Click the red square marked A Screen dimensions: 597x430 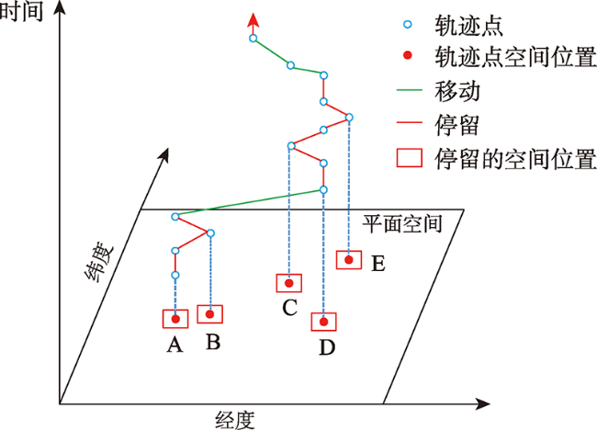point(163,319)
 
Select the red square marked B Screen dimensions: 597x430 point(197,314)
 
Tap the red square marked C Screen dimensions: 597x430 point(276,283)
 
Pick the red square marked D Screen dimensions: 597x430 point(312,322)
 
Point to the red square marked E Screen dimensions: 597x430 point(336,260)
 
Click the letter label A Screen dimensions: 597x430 point(175,345)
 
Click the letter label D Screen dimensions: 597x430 point(327,347)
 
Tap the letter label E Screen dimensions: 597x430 point(378,264)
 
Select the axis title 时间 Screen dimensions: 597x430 point(21,11)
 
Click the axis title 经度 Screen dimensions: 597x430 point(235,421)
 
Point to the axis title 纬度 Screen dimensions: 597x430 point(98,261)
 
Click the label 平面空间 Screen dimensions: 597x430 point(402,224)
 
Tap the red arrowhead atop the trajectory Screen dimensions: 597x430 point(253,20)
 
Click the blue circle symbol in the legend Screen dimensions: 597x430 point(408,25)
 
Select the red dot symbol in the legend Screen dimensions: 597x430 point(408,56)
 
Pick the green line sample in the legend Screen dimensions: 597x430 point(410,90)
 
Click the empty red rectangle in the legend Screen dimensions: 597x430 point(397,158)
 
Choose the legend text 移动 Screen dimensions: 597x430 point(457,91)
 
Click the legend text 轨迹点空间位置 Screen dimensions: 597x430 point(515,57)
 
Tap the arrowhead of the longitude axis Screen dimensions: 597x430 point(483,403)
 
